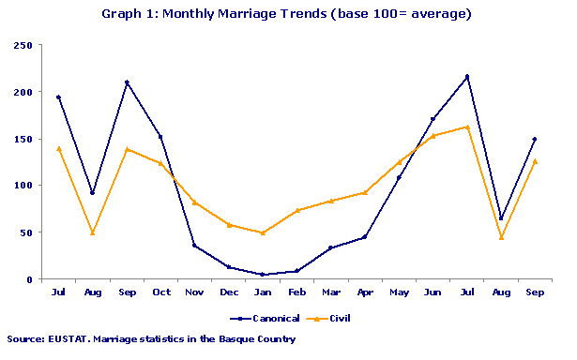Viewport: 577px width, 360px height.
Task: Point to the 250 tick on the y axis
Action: [x=23, y=45]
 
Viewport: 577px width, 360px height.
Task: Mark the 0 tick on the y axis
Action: [x=30, y=279]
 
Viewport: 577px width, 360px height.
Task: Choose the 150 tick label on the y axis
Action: [x=23, y=139]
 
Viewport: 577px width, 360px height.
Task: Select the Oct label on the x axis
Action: [x=160, y=293]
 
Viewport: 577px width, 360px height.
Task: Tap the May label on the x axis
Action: [x=399, y=293]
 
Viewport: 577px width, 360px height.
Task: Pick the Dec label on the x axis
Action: [x=229, y=293]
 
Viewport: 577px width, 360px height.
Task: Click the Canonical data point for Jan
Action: [x=263, y=275]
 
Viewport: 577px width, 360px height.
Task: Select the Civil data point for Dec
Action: [x=229, y=225]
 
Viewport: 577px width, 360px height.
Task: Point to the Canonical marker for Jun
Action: [x=433, y=119]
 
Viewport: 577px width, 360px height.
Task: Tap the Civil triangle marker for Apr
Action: [x=365, y=192]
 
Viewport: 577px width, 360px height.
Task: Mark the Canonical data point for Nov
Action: [x=195, y=246]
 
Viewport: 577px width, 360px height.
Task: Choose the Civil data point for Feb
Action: [x=297, y=210]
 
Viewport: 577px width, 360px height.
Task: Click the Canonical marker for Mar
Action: [x=331, y=247]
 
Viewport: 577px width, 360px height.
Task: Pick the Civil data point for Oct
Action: [x=160, y=164]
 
